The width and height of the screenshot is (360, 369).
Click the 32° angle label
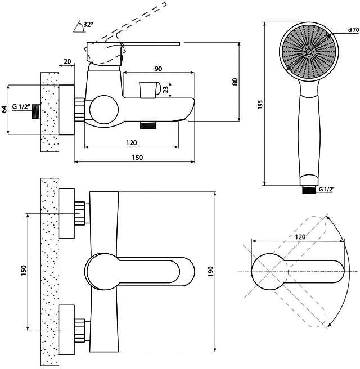pyautogui.click(x=88, y=24)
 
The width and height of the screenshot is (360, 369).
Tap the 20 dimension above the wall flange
pyautogui.click(x=67, y=61)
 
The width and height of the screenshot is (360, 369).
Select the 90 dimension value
pyautogui.click(x=159, y=69)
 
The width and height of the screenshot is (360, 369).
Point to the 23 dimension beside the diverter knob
pyautogui.click(x=166, y=89)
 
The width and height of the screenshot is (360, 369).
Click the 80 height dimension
pyautogui.click(x=235, y=82)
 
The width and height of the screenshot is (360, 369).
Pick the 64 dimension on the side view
pyautogui.click(x=4, y=109)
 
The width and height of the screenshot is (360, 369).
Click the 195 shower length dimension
pyautogui.click(x=260, y=105)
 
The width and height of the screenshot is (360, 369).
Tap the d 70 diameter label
pyautogui.click(x=353, y=30)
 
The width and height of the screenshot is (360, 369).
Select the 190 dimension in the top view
pyautogui.click(x=210, y=271)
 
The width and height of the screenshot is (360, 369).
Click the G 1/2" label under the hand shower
pyautogui.click(x=327, y=189)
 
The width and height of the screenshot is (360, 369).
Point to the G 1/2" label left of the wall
pyautogui.click(x=21, y=107)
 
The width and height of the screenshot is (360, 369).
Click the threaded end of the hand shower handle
pyautogui.click(x=309, y=190)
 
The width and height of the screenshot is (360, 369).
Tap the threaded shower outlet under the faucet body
pyautogui.click(x=148, y=125)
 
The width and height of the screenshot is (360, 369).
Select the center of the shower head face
pyautogui.click(x=309, y=52)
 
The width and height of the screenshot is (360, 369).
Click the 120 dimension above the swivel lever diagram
pyautogui.click(x=300, y=236)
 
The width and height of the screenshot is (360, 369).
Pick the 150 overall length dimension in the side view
pyautogui.click(x=137, y=157)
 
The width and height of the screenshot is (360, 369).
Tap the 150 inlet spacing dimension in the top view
pyautogui.click(x=23, y=271)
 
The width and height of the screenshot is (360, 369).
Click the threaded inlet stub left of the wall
pyautogui.click(x=36, y=111)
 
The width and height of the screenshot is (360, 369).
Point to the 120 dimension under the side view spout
pyautogui.click(x=131, y=143)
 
